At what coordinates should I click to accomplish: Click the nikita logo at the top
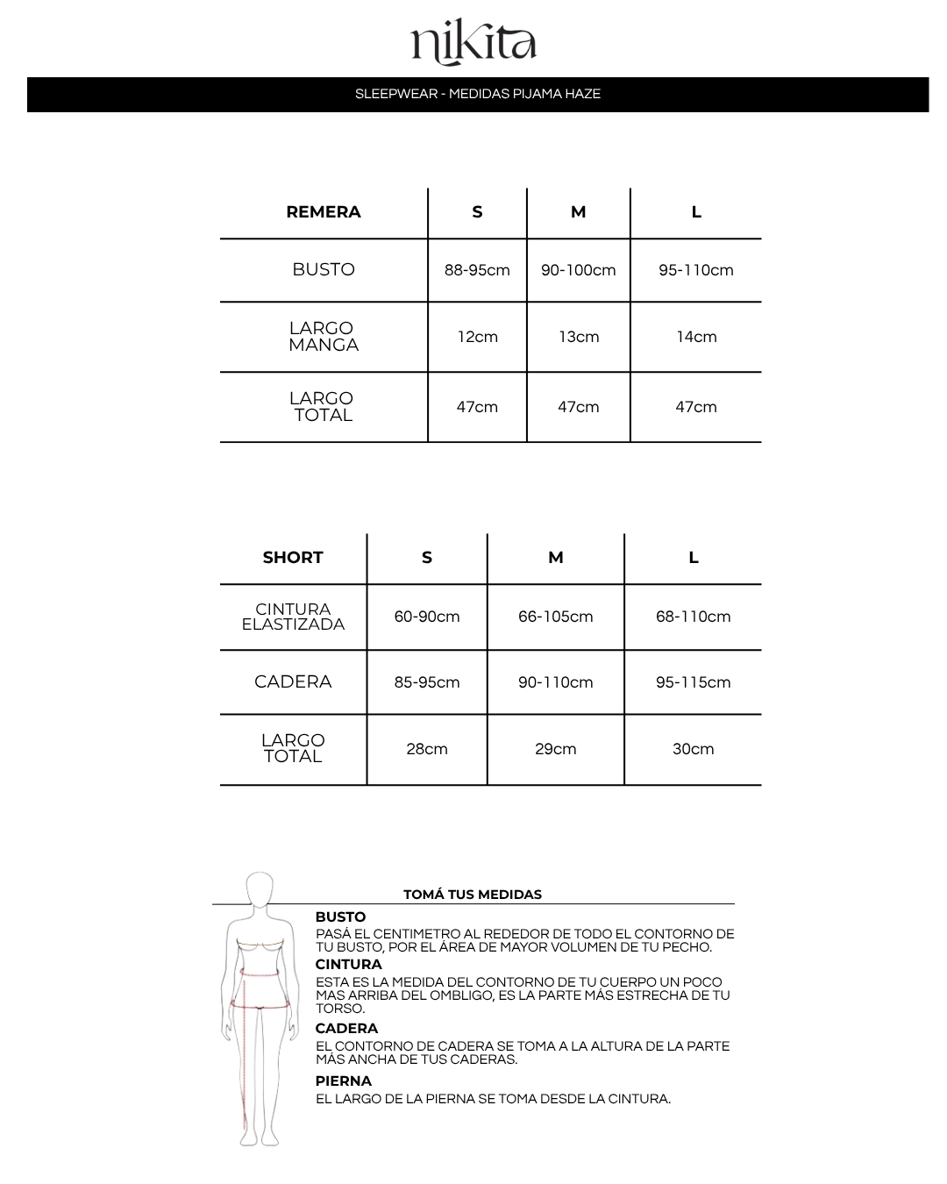pyautogui.click(x=473, y=44)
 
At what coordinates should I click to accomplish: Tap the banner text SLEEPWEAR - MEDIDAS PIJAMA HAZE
pyautogui.click(x=478, y=94)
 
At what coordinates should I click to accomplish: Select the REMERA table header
pyautogui.click(x=324, y=212)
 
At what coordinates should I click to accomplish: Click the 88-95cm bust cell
pyautogui.click(x=477, y=270)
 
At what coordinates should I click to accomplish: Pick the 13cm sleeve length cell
pyautogui.click(x=579, y=337)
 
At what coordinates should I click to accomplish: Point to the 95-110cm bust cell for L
pyautogui.click(x=696, y=270)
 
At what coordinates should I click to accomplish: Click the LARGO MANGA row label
pyautogui.click(x=324, y=337)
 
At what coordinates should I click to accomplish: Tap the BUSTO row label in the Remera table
pyautogui.click(x=324, y=270)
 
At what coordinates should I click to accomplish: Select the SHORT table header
pyautogui.click(x=293, y=558)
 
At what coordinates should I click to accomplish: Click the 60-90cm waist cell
pyautogui.click(x=427, y=617)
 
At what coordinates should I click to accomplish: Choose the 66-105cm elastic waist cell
pyautogui.click(x=556, y=617)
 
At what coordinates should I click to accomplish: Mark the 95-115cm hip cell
pyautogui.click(x=693, y=682)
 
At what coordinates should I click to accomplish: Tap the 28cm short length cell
pyautogui.click(x=427, y=749)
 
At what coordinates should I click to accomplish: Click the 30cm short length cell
pyautogui.click(x=693, y=749)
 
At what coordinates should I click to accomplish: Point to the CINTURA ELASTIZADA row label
pyautogui.click(x=293, y=617)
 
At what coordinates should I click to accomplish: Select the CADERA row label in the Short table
pyautogui.click(x=293, y=682)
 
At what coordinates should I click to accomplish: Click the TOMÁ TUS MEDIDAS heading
pyautogui.click(x=473, y=895)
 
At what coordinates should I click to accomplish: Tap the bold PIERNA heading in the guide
pyautogui.click(x=344, y=1081)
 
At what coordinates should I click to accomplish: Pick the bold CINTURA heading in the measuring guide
pyautogui.click(x=349, y=965)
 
